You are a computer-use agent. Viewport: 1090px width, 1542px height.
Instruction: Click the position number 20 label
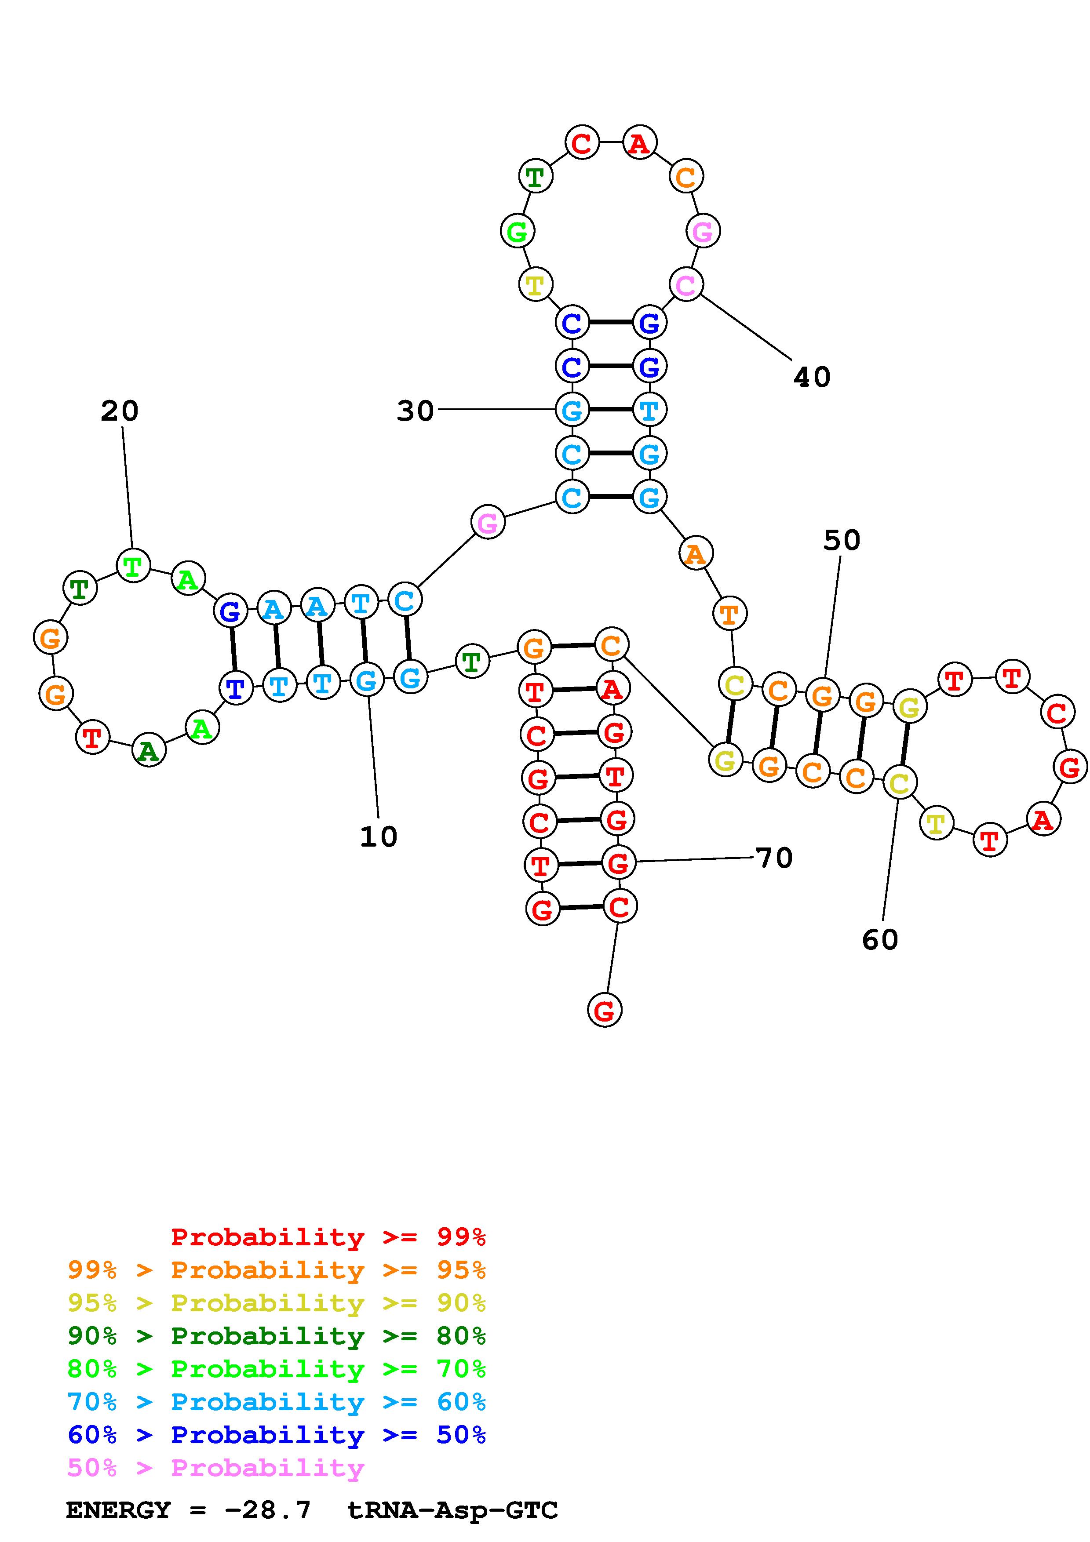click(x=120, y=411)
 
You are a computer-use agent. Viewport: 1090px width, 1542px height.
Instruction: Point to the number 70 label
click(x=774, y=858)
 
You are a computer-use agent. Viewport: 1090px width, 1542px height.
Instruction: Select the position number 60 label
click(x=880, y=939)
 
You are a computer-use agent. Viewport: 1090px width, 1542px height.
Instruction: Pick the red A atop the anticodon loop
click(x=639, y=143)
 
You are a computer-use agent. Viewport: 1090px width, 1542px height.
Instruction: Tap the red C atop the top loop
click(x=582, y=143)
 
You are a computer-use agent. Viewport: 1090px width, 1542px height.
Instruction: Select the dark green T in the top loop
click(x=535, y=177)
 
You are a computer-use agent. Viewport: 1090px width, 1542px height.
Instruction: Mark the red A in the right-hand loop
click(x=1043, y=819)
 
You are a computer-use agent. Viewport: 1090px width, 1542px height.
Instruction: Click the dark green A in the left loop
click(x=149, y=750)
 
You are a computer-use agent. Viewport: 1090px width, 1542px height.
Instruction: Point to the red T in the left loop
click(x=93, y=738)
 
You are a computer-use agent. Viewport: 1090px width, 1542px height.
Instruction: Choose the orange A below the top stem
click(x=696, y=554)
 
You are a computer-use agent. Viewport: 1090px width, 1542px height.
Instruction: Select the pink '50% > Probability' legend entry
click(x=215, y=1467)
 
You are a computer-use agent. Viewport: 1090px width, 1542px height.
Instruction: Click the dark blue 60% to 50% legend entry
click(x=276, y=1435)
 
